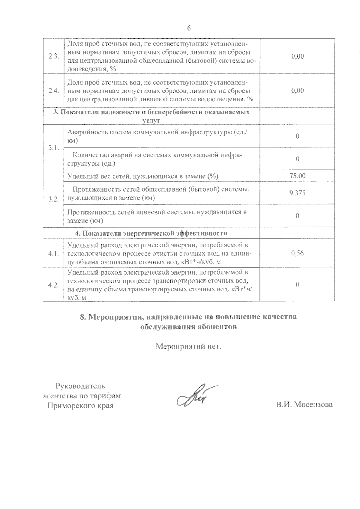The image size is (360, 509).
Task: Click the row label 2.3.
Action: [53, 57]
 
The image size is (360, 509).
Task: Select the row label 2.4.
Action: [53, 91]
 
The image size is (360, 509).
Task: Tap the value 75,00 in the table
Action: [297, 176]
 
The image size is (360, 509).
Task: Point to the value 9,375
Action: [297, 193]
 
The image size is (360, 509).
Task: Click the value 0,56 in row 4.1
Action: [297, 253]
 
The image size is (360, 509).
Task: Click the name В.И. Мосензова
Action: [304, 405]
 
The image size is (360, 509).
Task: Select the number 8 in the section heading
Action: [82, 317]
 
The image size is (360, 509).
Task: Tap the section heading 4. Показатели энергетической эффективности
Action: [151, 233]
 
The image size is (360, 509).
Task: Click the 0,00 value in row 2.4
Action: [297, 91]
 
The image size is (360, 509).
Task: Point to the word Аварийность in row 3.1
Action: [85, 132]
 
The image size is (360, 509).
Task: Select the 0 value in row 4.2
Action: [297, 284]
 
